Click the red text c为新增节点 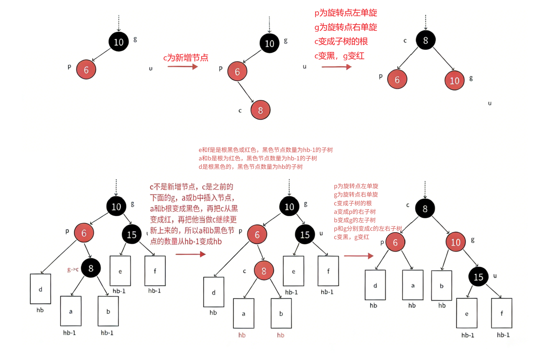tap(186, 57)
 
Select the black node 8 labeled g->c tap(91, 268)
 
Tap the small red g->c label tap(73, 270)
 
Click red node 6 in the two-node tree tap(86, 69)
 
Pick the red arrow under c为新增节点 tap(183, 66)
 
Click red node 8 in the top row tap(260, 110)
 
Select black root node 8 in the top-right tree tap(425, 40)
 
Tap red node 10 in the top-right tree tap(454, 80)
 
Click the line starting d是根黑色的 tap(250, 167)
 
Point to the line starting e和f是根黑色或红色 tap(265, 150)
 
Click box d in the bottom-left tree tap(41, 289)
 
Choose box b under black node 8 tap(108, 311)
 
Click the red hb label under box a tap(242, 335)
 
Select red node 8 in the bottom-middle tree tap(264, 271)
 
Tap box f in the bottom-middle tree tap(328, 271)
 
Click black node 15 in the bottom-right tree tap(478, 277)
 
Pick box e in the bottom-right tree tap(466, 313)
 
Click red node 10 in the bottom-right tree tap(455, 242)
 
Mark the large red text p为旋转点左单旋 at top tap(346, 13)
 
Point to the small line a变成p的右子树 tap(355, 212)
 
